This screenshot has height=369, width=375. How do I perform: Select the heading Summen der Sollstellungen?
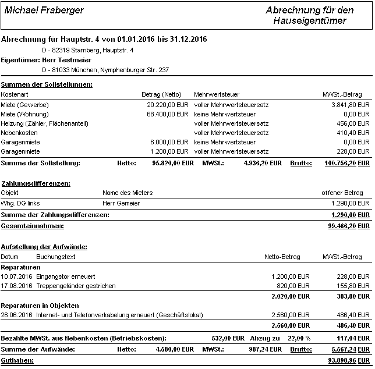pyautogui.click(x=47, y=85)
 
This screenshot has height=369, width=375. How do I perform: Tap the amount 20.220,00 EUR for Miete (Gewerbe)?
pyautogui.click(x=168, y=104)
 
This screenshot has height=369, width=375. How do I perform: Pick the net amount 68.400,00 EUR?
pyautogui.click(x=168, y=114)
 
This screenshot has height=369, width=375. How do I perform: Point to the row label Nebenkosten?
pyautogui.click(x=19, y=133)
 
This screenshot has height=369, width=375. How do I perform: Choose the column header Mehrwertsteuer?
pyautogui.click(x=217, y=94)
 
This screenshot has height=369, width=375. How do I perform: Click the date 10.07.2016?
pyautogui.click(x=16, y=276)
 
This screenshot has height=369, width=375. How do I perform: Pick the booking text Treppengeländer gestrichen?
pyautogui.click(x=76, y=286)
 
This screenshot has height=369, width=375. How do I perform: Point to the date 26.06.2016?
pyautogui.click(x=16, y=315)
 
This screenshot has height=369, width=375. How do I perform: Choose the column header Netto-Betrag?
pyautogui.click(x=282, y=257)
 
